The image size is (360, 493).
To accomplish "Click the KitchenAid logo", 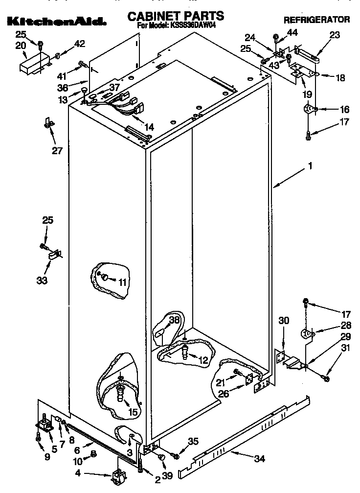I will [57, 22].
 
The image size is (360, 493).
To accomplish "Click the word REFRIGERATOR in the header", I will [316, 20].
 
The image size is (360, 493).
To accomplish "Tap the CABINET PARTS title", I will [176, 16].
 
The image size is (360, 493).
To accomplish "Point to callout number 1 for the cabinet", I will [309, 166].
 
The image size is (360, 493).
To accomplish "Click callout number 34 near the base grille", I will [260, 459].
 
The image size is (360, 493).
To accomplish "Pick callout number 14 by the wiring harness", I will [149, 127].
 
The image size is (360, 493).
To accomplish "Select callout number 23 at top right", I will [334, 35].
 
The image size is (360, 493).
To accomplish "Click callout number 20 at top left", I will [21, 46].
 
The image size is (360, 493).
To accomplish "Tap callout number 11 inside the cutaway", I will [122, 282].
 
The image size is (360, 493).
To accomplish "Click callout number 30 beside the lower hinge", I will [284, 321].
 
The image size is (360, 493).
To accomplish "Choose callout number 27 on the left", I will [57, 150].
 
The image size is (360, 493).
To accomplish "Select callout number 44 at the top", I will [292, 33].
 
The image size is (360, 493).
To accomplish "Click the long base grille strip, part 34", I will [245, 436].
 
